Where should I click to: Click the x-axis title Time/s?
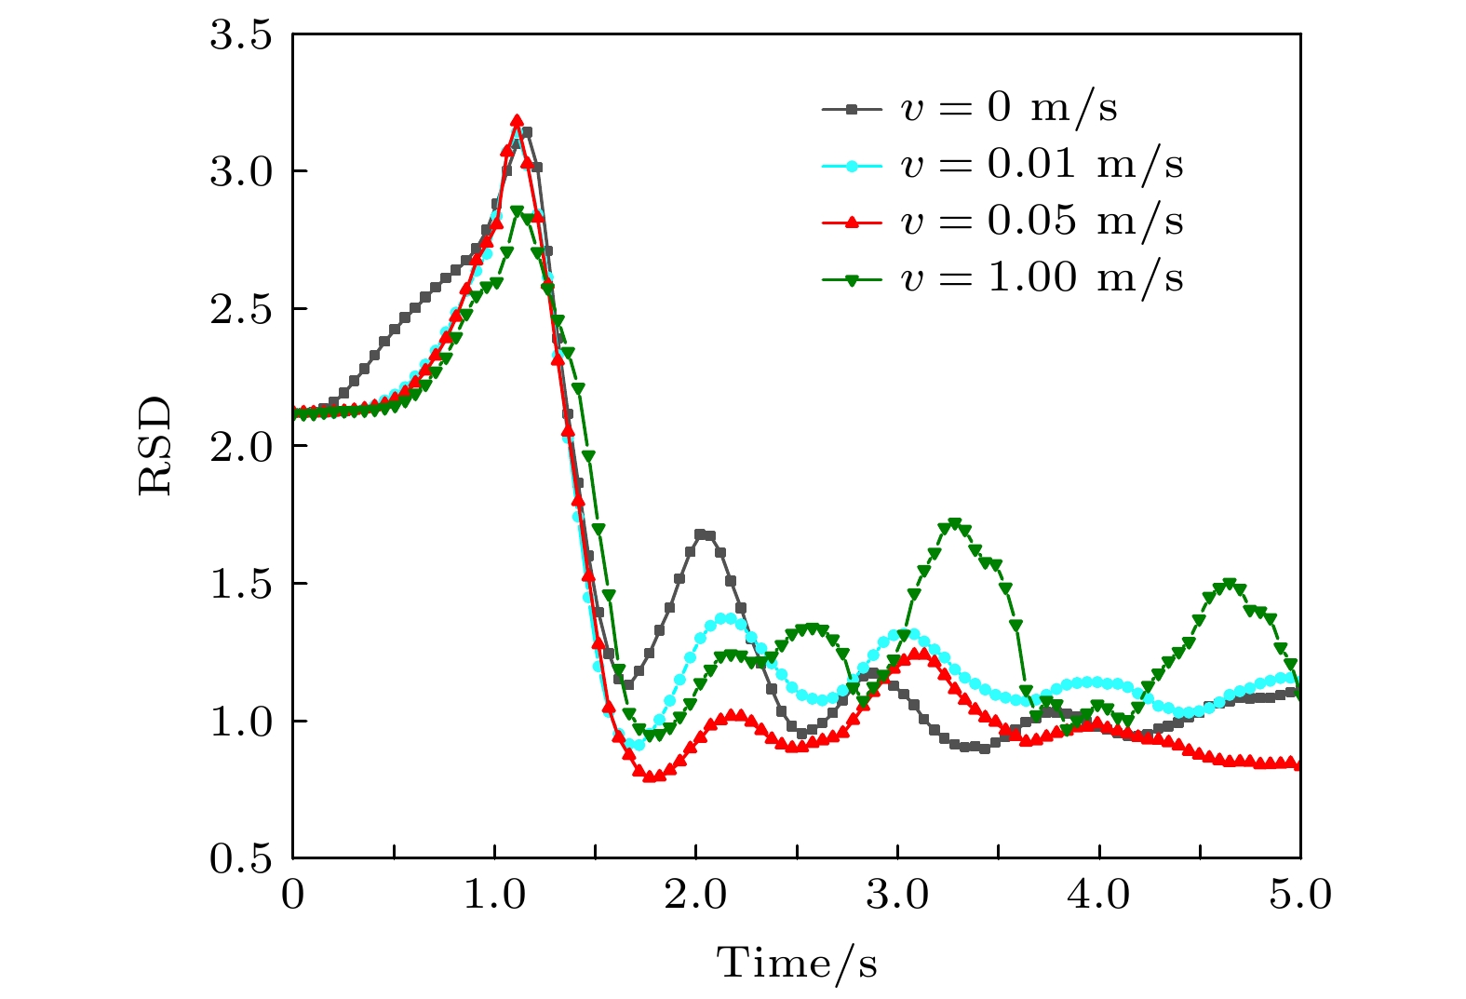(797, 964)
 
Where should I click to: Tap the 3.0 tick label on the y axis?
(240, 172)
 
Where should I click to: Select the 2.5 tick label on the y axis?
(240, 309)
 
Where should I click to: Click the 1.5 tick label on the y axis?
(240, 584)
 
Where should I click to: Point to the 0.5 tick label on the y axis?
(240, 858)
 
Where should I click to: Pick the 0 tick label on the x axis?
(293, 896)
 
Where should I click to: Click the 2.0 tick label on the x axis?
(696, 896)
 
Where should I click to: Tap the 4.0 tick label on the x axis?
(1099, 896)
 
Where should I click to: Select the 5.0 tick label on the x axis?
(1300, 896)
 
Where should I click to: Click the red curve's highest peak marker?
(518, 121)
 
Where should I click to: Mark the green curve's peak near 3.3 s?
(954, 524)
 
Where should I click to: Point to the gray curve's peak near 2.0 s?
(701, 534)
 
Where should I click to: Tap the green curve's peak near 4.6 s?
(1230, 584)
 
